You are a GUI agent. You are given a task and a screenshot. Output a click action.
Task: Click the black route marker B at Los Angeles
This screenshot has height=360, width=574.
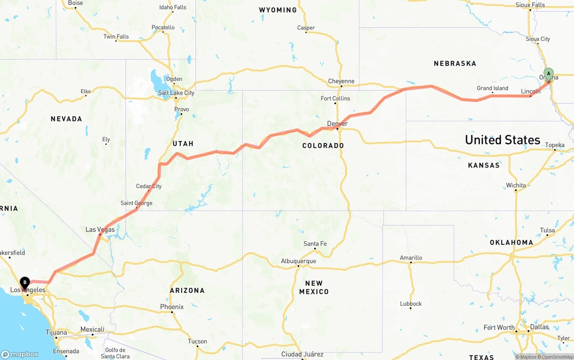pos(25,283)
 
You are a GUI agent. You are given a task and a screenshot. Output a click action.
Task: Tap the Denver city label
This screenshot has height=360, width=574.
pos(337,124)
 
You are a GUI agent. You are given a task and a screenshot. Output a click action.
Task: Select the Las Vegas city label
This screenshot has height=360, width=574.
pos(100,230)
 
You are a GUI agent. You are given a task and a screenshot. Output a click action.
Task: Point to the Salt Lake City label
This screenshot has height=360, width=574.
pos(176,93)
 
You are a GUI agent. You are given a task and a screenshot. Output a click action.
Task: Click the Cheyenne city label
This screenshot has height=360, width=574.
pos(341,81)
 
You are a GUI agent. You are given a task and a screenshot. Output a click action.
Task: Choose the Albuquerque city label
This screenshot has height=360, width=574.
pos(298,261)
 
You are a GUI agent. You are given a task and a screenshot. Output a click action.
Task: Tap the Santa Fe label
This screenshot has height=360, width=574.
pos(315,244)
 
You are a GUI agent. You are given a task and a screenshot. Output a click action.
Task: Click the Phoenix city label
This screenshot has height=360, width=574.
pos(172,307)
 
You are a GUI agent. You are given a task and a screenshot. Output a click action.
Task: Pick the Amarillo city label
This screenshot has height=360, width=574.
pos(411,258)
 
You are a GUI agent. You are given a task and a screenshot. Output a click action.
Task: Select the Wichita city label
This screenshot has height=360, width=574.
pos(516,185)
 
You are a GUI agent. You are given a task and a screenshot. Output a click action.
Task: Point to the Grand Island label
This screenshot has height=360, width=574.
pos(492,88)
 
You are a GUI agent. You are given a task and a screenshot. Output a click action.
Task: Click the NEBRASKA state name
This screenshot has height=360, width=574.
pos(455,64)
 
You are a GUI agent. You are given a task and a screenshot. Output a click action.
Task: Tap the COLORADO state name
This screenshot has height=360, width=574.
pos(323,146)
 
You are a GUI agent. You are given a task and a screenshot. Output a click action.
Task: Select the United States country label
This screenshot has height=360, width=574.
pos(502,140)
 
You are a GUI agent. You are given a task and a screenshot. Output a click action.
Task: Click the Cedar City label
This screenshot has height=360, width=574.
pos(149,186)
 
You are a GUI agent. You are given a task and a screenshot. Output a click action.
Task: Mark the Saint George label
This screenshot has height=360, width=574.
pos(136,203)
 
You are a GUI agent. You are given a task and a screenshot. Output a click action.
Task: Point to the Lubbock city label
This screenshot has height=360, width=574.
pos(411,304)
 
